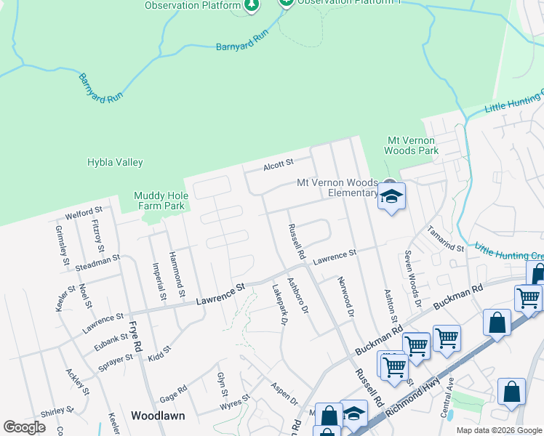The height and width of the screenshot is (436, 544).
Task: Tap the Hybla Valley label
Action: (x=115, y=163)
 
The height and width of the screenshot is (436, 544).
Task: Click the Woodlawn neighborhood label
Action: (x=158, y=416)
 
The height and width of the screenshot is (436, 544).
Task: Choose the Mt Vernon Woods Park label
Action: (x=412, y=145)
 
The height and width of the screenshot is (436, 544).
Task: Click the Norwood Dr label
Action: (x=345, y=297)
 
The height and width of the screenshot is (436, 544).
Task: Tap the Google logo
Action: (x=24, y=427)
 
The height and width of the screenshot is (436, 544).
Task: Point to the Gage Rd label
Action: (x=173, y=391)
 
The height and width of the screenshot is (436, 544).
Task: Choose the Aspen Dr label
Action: (x=284, y=395)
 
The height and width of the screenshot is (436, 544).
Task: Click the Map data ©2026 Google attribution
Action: (x=498, y=430)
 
